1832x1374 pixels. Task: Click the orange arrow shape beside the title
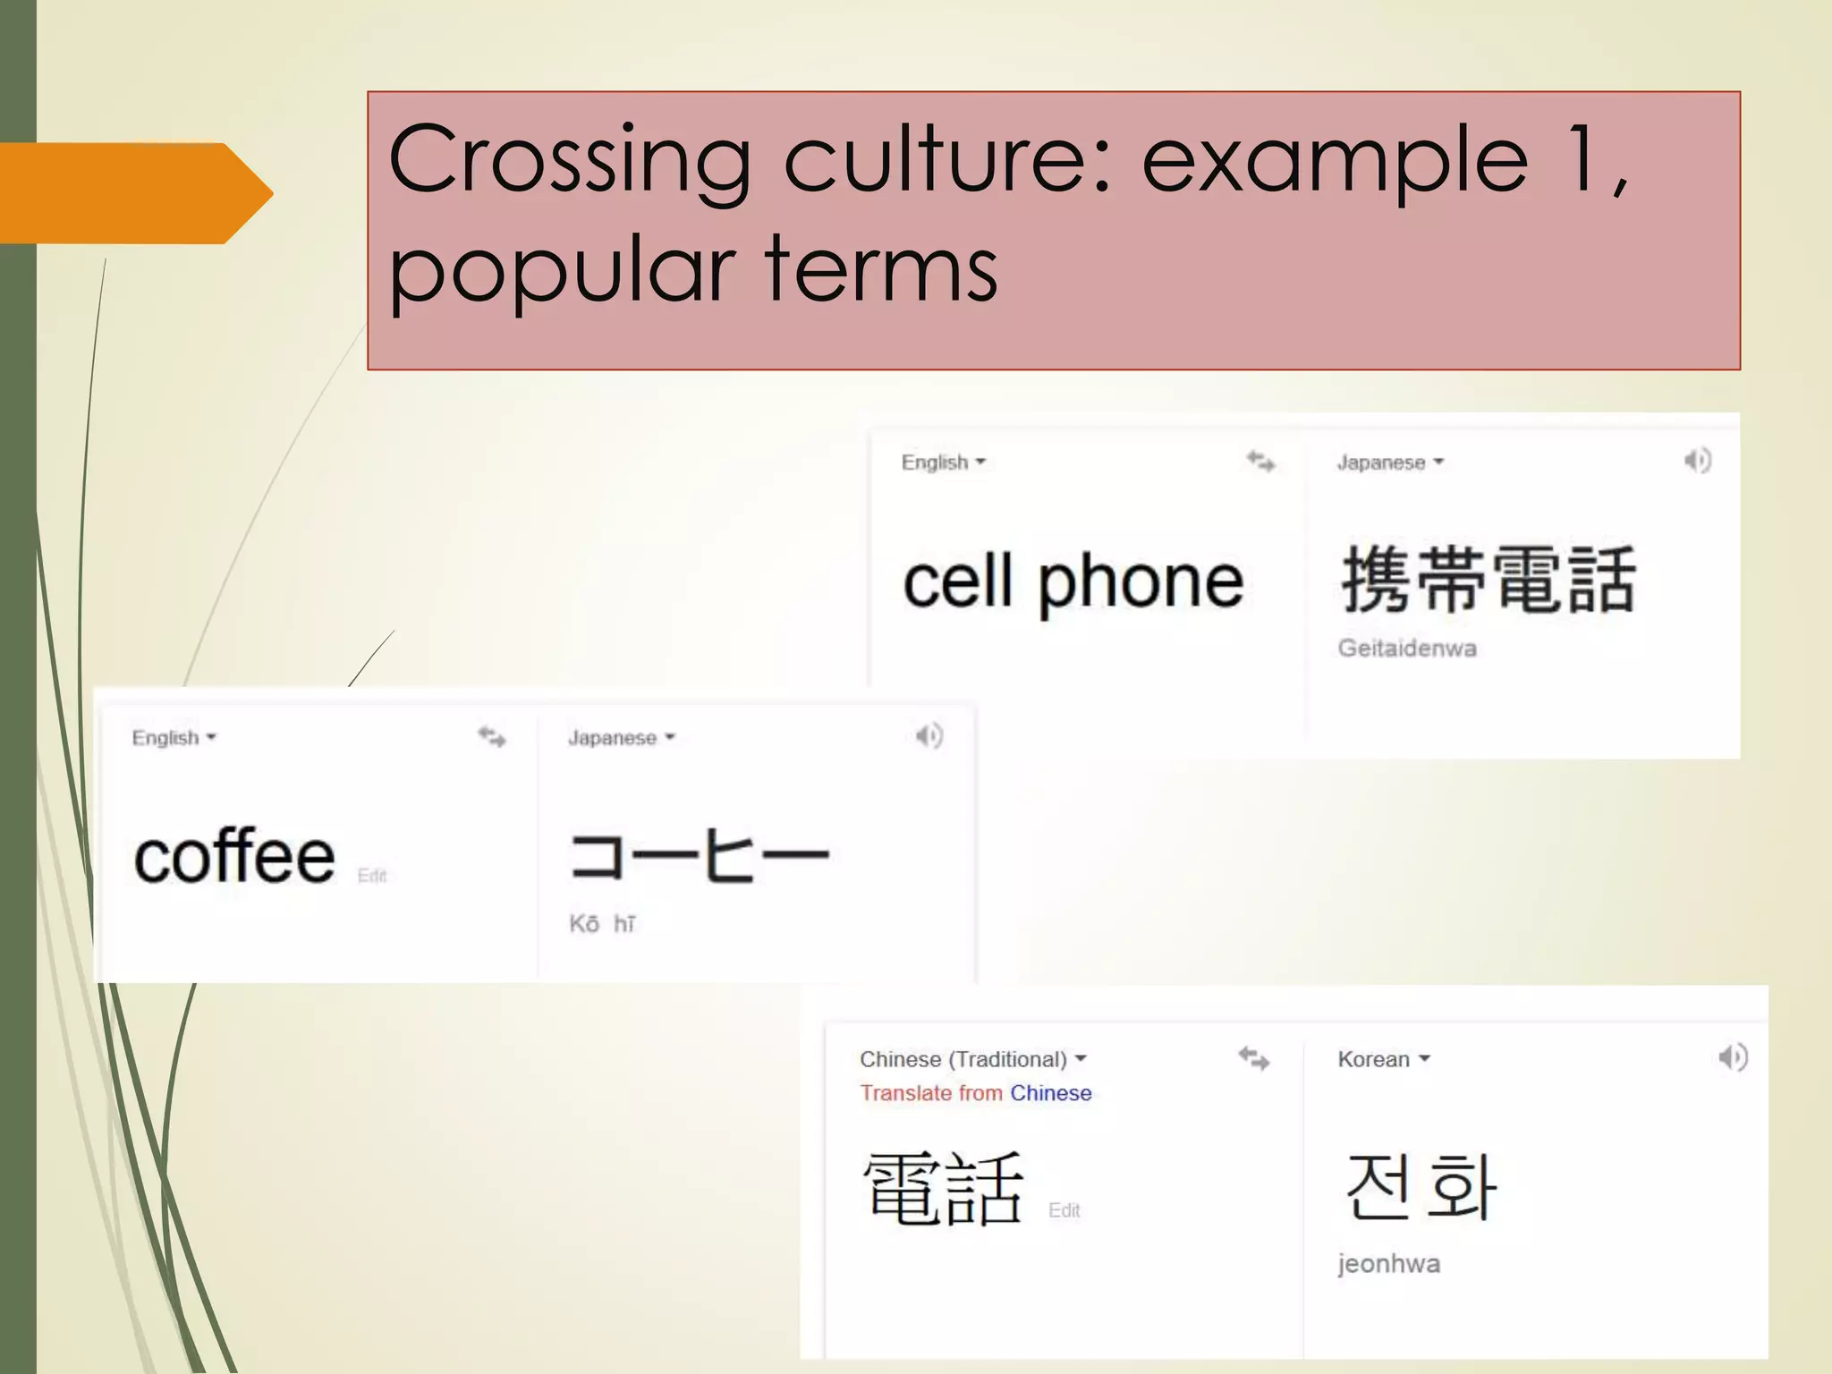tap(134, 193)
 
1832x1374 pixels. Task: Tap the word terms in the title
tap(880, 268)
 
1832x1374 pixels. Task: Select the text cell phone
tap(1073, 582)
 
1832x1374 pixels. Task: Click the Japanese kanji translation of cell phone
tap(1488, 581)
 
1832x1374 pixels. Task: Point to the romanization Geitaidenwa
tap(1406, 648)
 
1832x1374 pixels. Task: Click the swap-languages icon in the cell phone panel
tap(1260, 462)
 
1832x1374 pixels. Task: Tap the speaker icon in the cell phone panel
tap(1697, 461)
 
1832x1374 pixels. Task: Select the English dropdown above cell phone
tap(943, 462)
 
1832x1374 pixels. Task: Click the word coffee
tap(234, 856)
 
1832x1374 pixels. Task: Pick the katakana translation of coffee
tap(700, 856)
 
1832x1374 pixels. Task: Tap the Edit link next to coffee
tap(372, 876)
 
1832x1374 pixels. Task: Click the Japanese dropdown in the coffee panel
tap(621, 738)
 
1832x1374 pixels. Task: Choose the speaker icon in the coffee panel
tap(929, 736)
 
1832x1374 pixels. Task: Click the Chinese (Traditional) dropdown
tap(972, 1059)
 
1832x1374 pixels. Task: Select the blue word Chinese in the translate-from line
tap(1050, 1093)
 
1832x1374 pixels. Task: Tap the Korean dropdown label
tap(1383, 1059)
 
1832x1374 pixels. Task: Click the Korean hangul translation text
tap(1421, 1187)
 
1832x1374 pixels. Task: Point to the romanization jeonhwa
tap(1388, 1264)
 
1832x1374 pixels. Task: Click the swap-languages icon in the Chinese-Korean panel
tap(1253, 1059)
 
